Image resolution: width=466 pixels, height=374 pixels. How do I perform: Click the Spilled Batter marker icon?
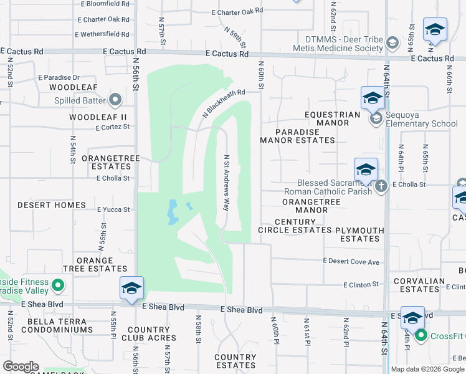coord(115,100)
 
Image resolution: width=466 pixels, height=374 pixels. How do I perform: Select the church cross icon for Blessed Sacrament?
coord(382,186)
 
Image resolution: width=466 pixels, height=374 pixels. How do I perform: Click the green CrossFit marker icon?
coord(421,336)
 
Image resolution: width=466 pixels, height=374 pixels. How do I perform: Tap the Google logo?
coord(21,367)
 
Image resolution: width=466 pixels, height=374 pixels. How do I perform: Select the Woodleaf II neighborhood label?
coord(98,117)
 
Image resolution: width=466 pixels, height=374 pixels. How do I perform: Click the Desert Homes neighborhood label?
coord(52,205)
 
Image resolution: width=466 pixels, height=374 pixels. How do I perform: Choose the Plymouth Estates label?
coord(359,234)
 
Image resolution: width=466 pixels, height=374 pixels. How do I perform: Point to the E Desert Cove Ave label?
coord(351,262)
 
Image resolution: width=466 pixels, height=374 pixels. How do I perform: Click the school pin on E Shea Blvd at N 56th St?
coord(131,288)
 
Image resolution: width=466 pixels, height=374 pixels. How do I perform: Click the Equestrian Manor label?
coord(332,118)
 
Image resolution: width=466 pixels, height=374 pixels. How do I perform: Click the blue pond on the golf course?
coord(172,213)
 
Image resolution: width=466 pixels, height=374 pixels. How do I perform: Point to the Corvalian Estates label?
coord(420,285)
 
